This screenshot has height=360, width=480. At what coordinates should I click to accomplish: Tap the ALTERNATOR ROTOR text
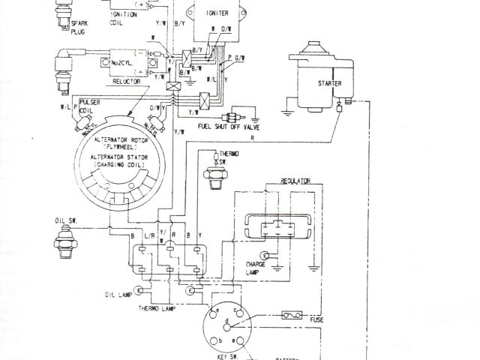point(127,140)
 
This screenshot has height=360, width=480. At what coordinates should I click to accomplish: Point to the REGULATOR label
point(295,181)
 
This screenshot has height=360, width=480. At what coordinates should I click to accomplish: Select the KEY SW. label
point(219,349)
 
